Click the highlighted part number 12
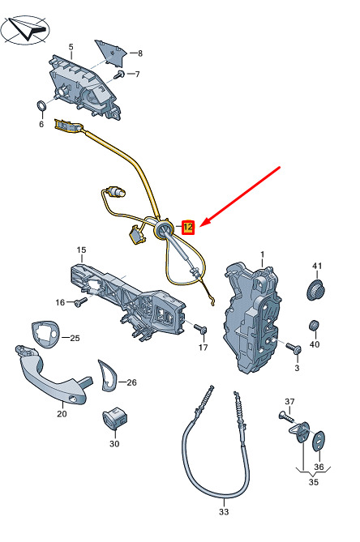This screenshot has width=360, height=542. (x=188, y=228)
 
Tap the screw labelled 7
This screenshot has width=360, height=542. (x=120, y=75)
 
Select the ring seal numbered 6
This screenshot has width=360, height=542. (x=41, y=105)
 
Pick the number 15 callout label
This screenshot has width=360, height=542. (x=82, y=250)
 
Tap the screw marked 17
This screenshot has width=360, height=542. (x=200, y=328)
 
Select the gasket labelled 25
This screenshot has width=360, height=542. (x=45, y=334)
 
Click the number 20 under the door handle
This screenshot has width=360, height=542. (x=62, y=413)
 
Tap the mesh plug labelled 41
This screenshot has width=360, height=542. (x=315, y=290)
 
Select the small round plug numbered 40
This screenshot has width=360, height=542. (x=314, y=326)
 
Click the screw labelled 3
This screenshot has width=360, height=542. (x=294, y=348)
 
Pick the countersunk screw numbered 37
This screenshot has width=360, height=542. (x=286, y=416)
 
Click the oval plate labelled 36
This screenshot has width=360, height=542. (x=319, y=441)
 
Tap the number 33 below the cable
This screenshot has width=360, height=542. (x=224, y=511)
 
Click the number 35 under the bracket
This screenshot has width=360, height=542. (x=313, y=482)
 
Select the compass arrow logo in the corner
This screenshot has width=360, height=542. (x=25, y=30)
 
